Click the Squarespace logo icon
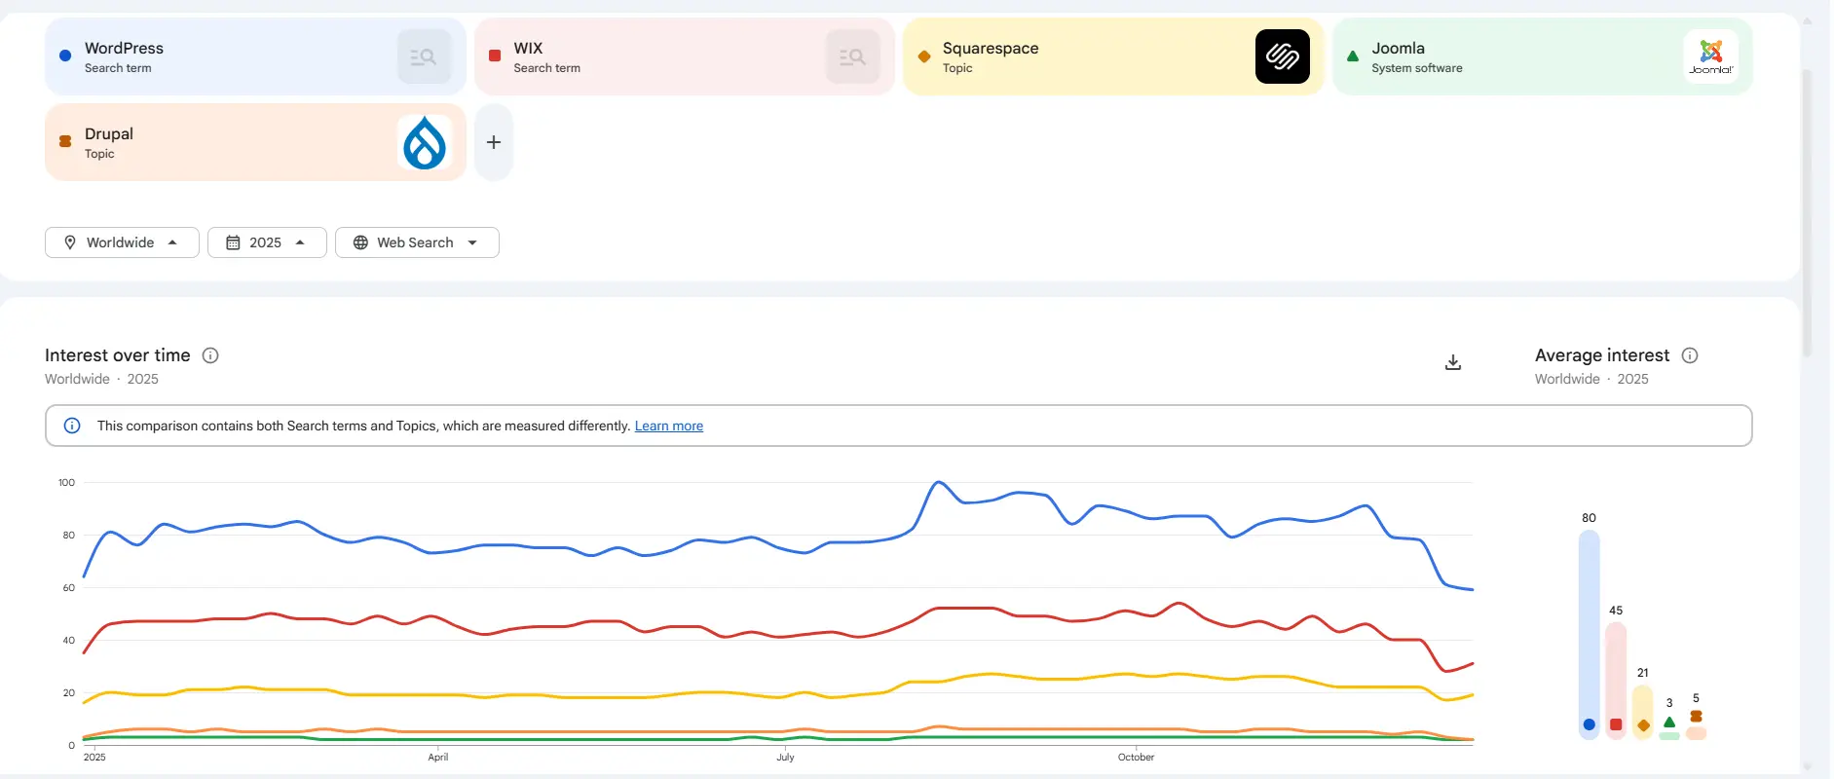click(1282, 56)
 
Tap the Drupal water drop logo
click(425, 142)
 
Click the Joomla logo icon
click(1710, 56)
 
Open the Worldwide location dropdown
click(122, 242)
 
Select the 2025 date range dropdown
click(266, 242)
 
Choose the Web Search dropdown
click(416, 242)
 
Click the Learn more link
click(668, 426)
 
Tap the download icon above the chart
click(1452, 362)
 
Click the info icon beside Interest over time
click(210, 355)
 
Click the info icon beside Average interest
click(1690, 355)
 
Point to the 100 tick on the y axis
click(66, 482)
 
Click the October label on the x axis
click(1136, 757)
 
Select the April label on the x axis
click(438, 757)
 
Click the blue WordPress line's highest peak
click(938, 482)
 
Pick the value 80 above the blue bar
click(1589, 518)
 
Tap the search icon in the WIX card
click(852, 56)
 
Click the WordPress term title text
click(124, 48)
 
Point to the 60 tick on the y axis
click(68, 587)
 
